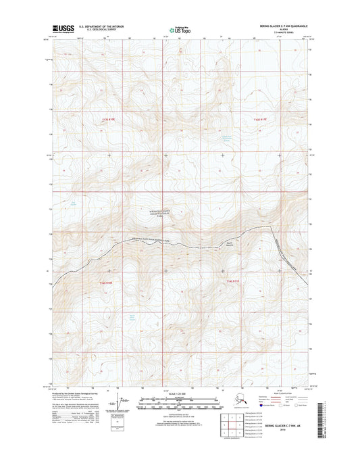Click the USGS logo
64,29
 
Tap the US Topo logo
180,30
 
